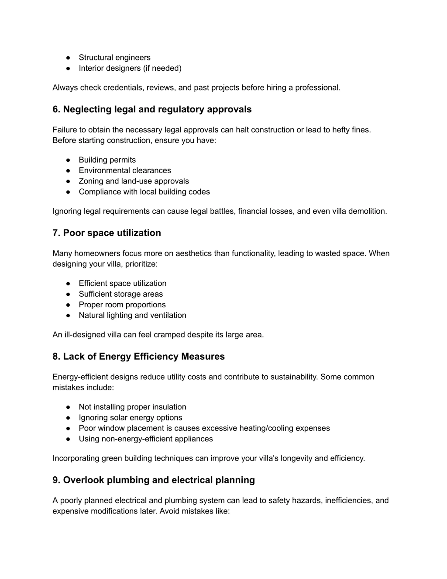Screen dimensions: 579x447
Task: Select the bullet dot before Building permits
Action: (68, 160)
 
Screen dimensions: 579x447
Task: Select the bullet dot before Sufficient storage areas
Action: (68, 294)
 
